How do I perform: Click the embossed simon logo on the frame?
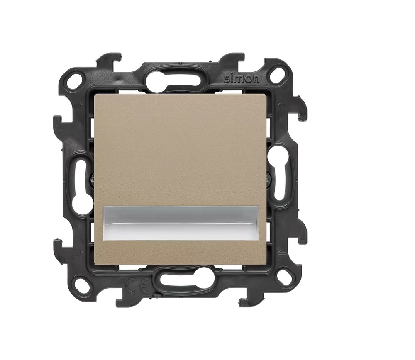click(x=242, y=78)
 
